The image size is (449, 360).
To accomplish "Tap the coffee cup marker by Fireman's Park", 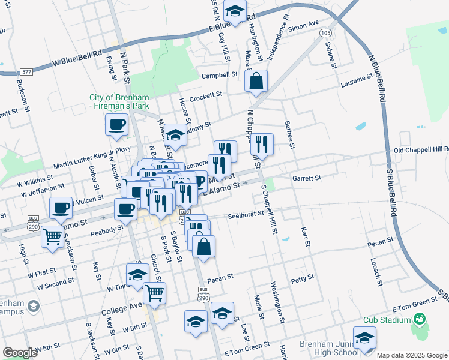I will (117, 125).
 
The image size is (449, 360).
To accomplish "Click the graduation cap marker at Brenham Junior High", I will (364, 338).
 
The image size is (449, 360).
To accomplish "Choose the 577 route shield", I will (26, 71).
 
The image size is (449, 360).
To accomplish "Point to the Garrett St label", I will (307, 178).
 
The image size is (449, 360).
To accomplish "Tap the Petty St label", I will (303, 278).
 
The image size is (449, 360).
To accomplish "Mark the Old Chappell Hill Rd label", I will (421, 149).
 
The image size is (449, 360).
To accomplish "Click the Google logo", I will (20, 353).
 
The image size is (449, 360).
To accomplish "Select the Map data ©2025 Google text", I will (411, 355).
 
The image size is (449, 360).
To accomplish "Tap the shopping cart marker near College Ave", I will (155, 293).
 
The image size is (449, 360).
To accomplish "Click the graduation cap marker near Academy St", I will (175, 135).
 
